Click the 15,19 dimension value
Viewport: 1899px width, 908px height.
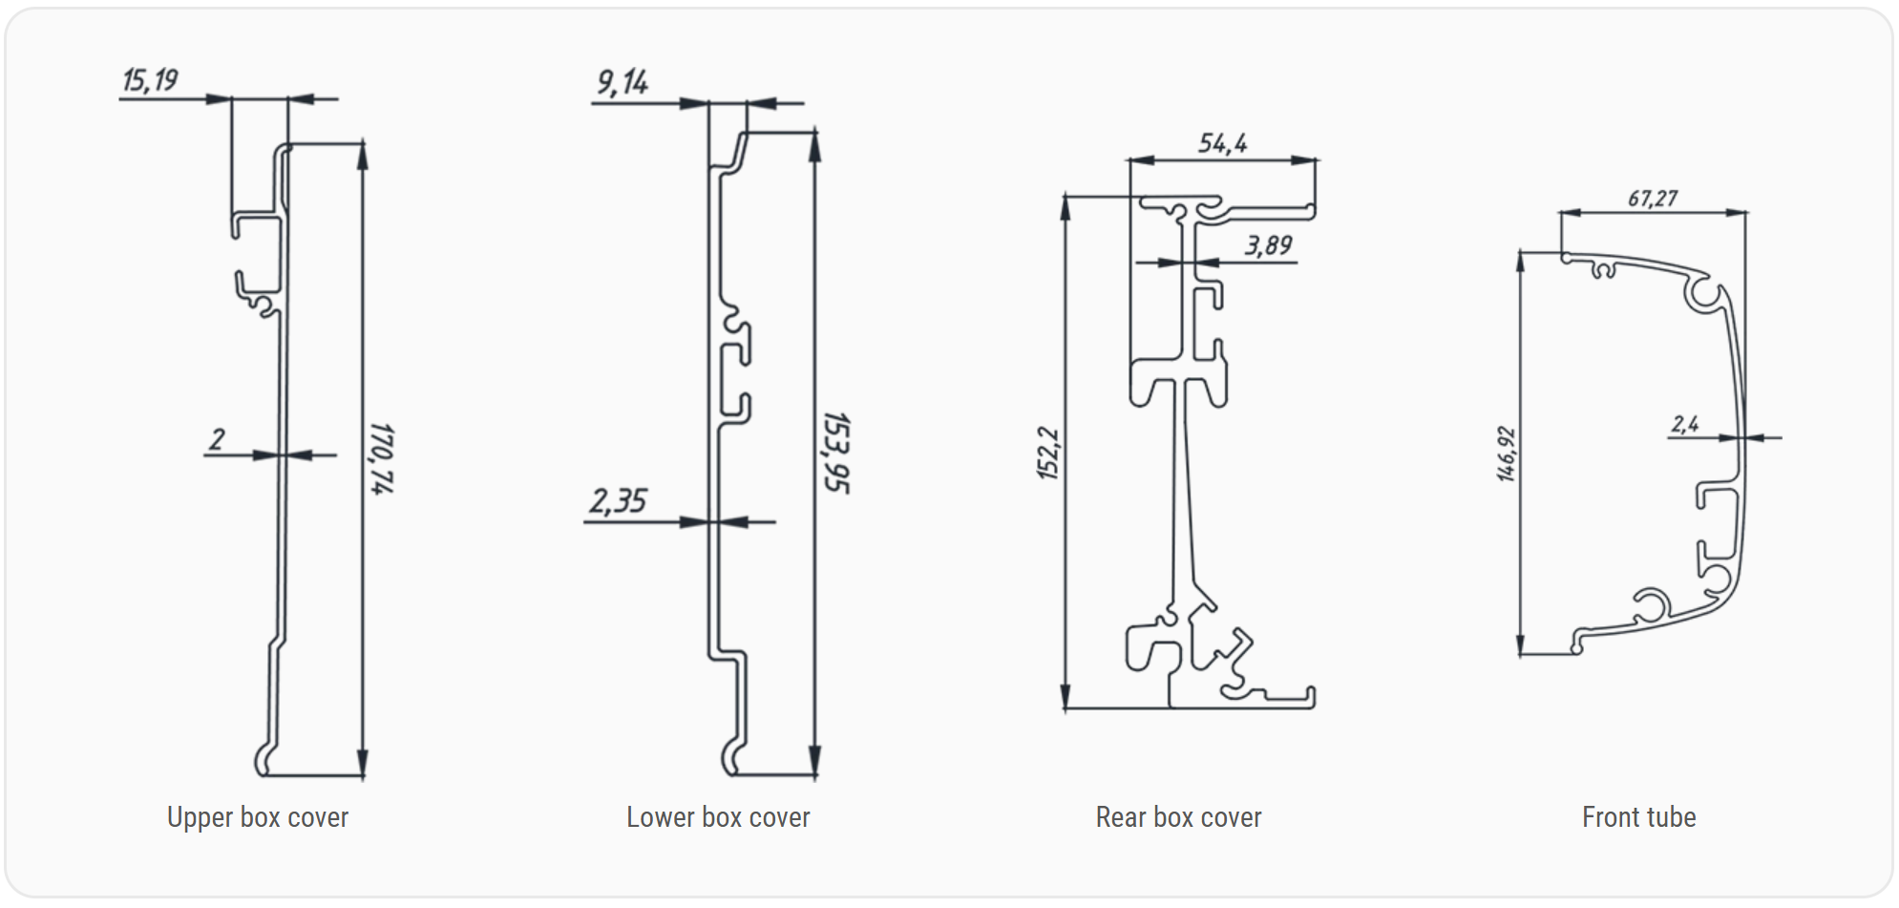[150, 80]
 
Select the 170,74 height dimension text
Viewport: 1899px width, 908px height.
[381, 458]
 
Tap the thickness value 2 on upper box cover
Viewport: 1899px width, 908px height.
[218, 439]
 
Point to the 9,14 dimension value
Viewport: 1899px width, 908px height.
[622, 83]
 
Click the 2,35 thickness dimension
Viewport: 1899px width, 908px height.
[618, 501]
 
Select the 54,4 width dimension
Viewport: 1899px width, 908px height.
[1222, 143]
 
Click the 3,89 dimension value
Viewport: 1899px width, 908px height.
[1268, 246]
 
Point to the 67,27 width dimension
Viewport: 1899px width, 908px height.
[1652, 199]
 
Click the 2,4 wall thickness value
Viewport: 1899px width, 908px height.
[1684, 424]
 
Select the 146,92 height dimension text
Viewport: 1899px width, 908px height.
[1506, 454]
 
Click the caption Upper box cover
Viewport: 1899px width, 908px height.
[258, 817]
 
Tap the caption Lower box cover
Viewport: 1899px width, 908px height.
[718, 817]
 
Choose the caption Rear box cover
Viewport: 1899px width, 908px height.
[1178, 817]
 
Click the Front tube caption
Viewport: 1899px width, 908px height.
[1638, 817]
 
